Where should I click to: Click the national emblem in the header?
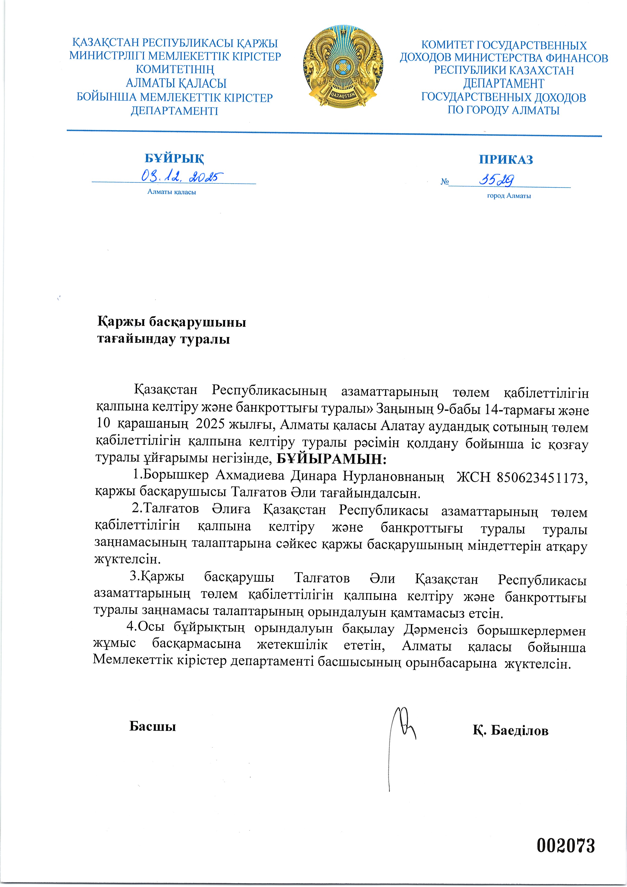(343, 66)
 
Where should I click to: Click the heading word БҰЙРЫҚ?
(174, 158)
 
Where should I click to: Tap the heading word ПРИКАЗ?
(506, 160)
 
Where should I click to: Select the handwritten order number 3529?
(497, 180)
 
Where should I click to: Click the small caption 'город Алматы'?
(509, 196)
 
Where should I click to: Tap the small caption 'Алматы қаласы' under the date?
(171, 192)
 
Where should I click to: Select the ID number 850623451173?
(541, 478)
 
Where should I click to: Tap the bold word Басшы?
(153, 726)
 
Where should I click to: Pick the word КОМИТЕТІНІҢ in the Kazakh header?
(175, 70)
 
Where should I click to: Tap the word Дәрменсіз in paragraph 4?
(435, 630)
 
